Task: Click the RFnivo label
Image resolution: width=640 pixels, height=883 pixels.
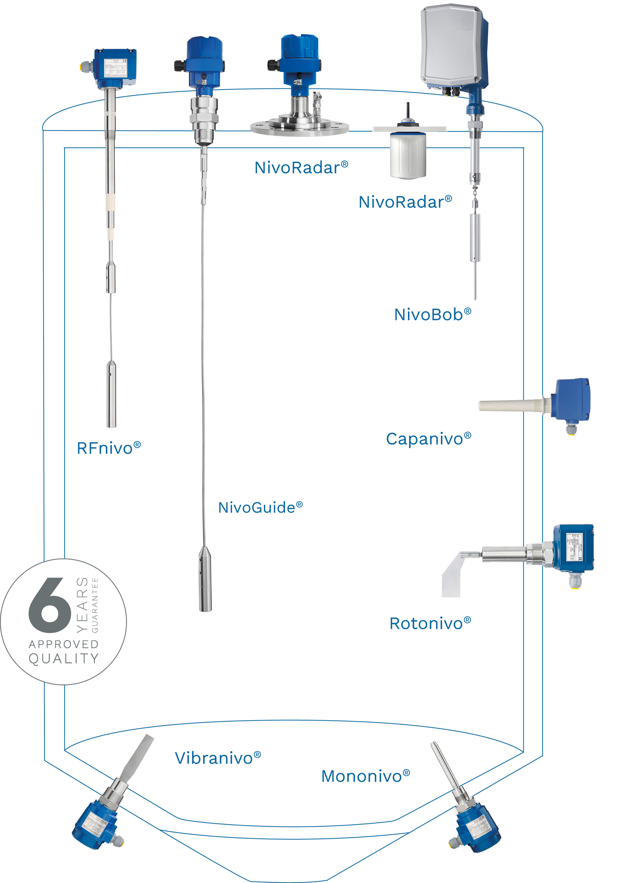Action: click(108, 449)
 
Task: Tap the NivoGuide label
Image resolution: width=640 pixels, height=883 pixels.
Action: click(260, 508)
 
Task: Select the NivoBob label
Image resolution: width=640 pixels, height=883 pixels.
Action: click(432, 315)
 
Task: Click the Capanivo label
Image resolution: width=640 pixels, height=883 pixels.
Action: click(428, 439)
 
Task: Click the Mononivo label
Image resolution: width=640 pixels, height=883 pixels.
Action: click(365, 776)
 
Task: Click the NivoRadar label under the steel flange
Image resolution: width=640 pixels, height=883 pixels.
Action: click(301, 168)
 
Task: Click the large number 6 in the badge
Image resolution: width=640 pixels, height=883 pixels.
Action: click(50, 606)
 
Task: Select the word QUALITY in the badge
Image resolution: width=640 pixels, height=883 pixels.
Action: click(64, 658)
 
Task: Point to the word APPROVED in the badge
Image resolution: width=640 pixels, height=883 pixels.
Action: click(64, 644)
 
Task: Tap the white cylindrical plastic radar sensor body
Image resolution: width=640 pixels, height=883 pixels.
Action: click(407, 156)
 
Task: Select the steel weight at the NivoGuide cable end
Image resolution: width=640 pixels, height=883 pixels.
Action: click(205, 580)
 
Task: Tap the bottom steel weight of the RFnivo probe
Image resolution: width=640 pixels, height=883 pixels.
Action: click(111, 394)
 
